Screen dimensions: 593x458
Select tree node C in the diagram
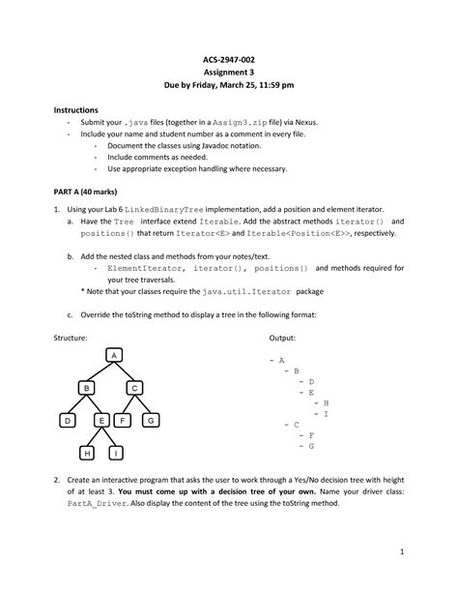(x=136, y=388)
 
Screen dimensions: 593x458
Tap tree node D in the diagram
(x=68, y=421)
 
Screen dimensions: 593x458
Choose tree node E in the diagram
(x=100, y=421)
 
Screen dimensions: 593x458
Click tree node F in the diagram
(x=125, y=421)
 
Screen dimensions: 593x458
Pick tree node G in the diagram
(x=151, y=421)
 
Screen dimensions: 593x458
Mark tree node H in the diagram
(x=88, y=453)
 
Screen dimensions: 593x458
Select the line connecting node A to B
(x=100, y=372)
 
